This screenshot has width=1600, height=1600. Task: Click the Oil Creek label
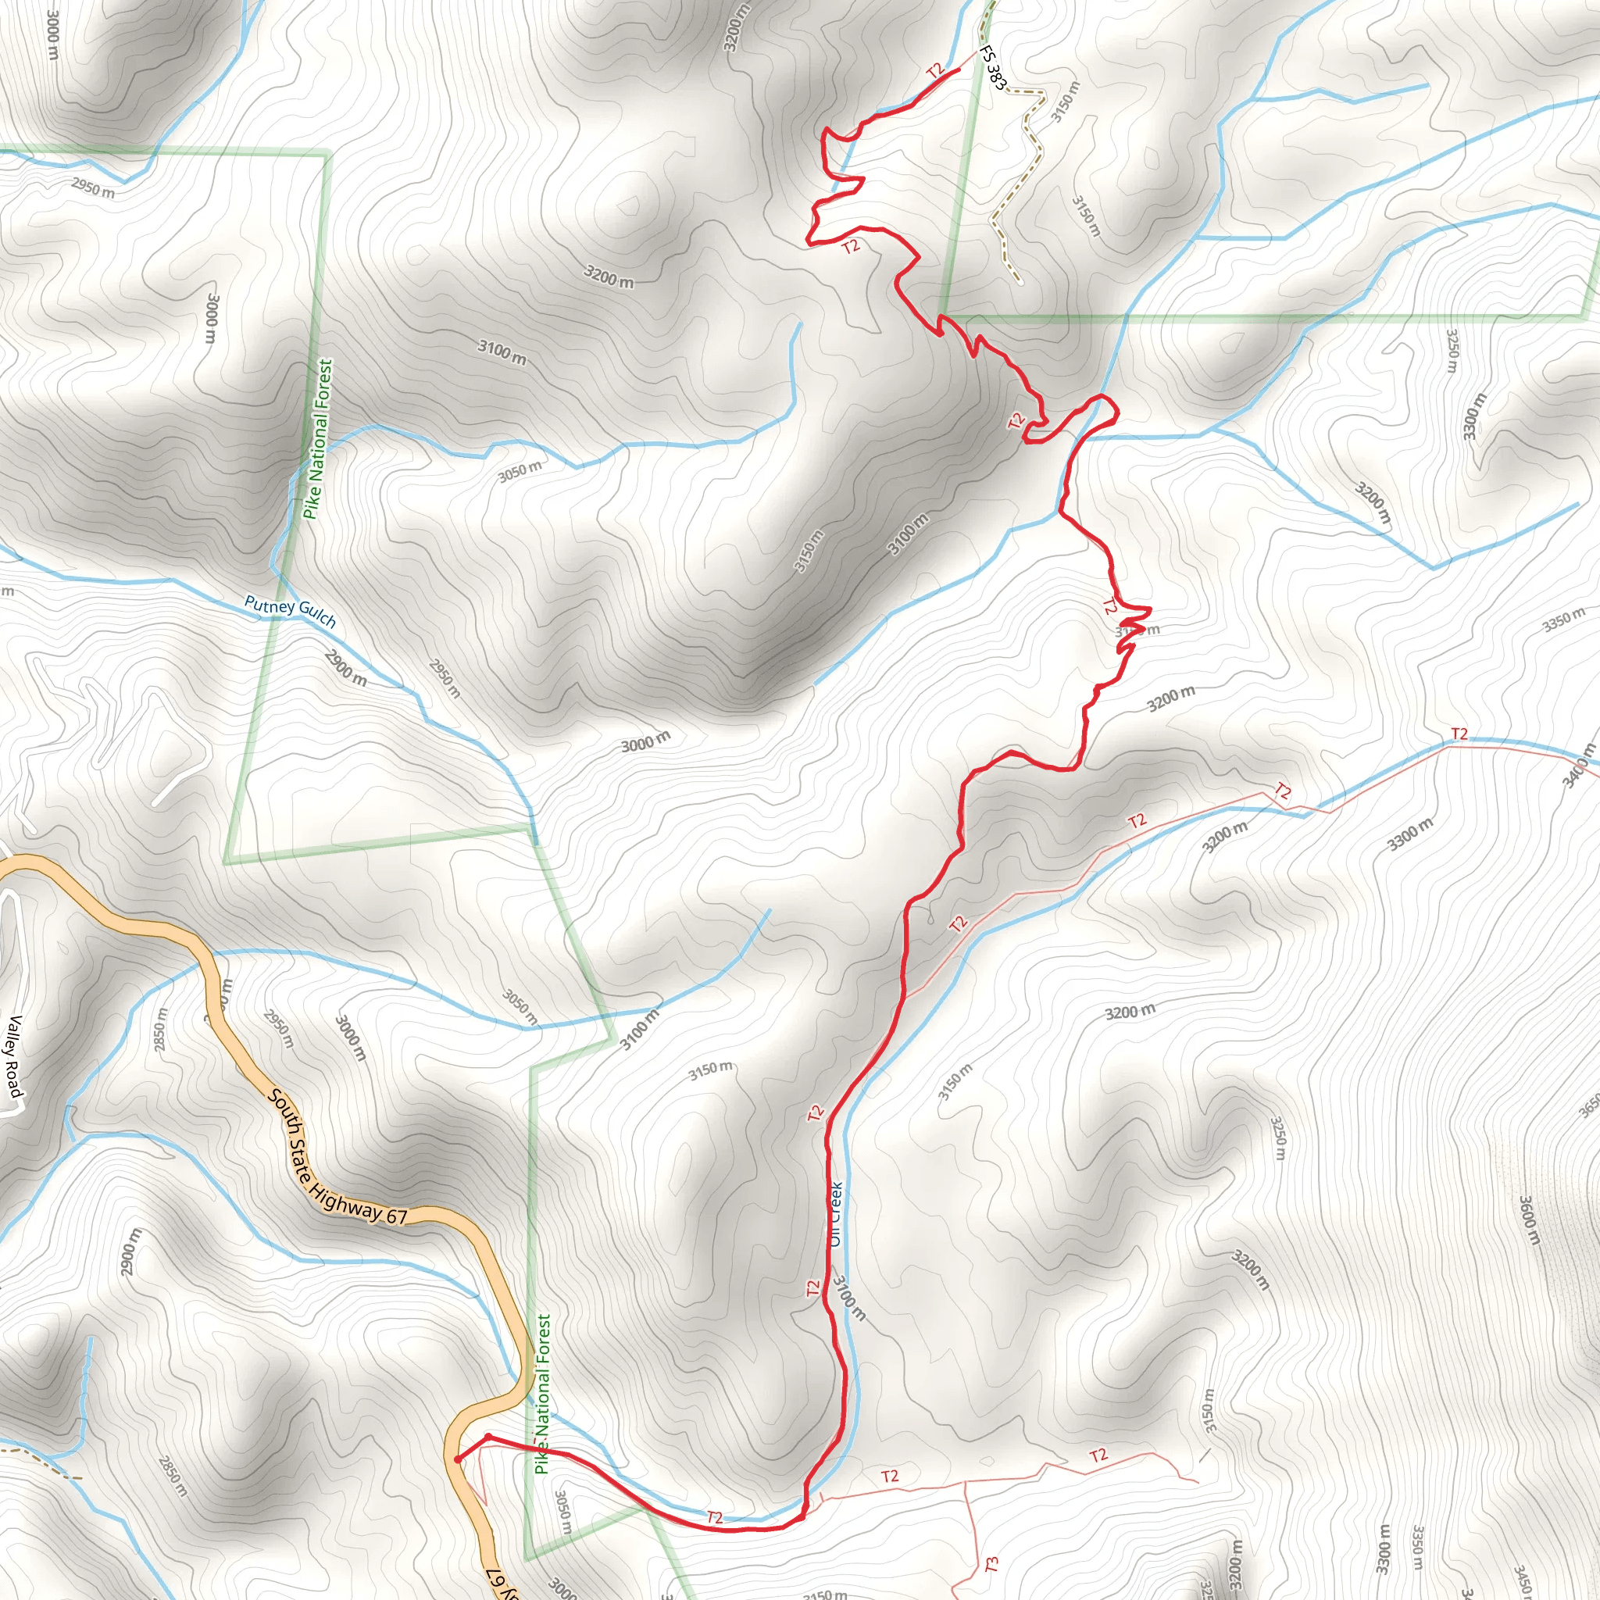(x=837, y=1213)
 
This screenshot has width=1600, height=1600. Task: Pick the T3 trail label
(x=991, y=1564)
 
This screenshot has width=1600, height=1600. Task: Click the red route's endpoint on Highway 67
(x=457, y=1460)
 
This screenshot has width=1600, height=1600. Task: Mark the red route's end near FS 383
(x=958, y=70)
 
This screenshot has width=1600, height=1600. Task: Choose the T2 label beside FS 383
(x=936, y=71)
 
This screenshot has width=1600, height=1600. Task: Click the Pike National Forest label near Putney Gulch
(x=317, y=439)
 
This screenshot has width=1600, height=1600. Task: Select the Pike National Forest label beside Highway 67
(x=542, y=1395)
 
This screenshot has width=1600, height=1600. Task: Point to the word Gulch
(x=317, y=617)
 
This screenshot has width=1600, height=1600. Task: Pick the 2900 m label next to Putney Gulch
(x=345, y=667)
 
